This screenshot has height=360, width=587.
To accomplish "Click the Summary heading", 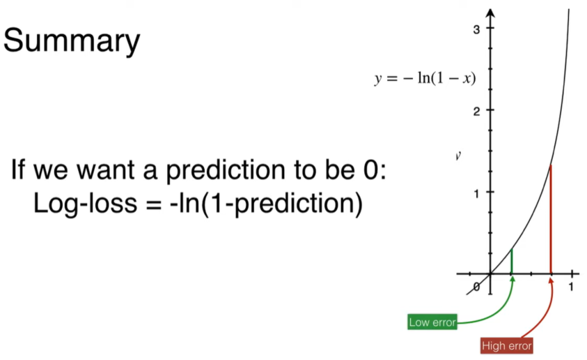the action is point(72,41).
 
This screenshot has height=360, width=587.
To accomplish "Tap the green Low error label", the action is point(432,322).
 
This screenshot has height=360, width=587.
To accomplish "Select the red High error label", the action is point(506,345).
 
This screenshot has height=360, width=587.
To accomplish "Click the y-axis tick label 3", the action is point(476,29).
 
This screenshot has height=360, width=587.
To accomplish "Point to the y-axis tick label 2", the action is point(476,112).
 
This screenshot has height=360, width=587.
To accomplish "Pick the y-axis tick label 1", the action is point(476,193).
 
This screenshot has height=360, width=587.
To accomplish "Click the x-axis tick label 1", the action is point(571,287).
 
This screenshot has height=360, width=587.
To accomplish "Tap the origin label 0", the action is point(476,287).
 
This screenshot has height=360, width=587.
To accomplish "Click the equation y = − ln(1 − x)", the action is point(425,78).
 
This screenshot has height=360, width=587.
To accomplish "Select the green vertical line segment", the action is point(511,262).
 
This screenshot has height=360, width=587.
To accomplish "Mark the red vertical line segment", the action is point(551,219).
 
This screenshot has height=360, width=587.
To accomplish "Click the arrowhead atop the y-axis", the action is point(490,13).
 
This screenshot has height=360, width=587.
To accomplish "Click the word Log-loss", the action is point(86,204).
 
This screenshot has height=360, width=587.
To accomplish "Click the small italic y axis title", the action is point(458,156).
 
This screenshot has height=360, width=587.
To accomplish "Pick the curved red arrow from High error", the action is point(543,311).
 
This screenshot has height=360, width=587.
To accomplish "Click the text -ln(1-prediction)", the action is point(266,204).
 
